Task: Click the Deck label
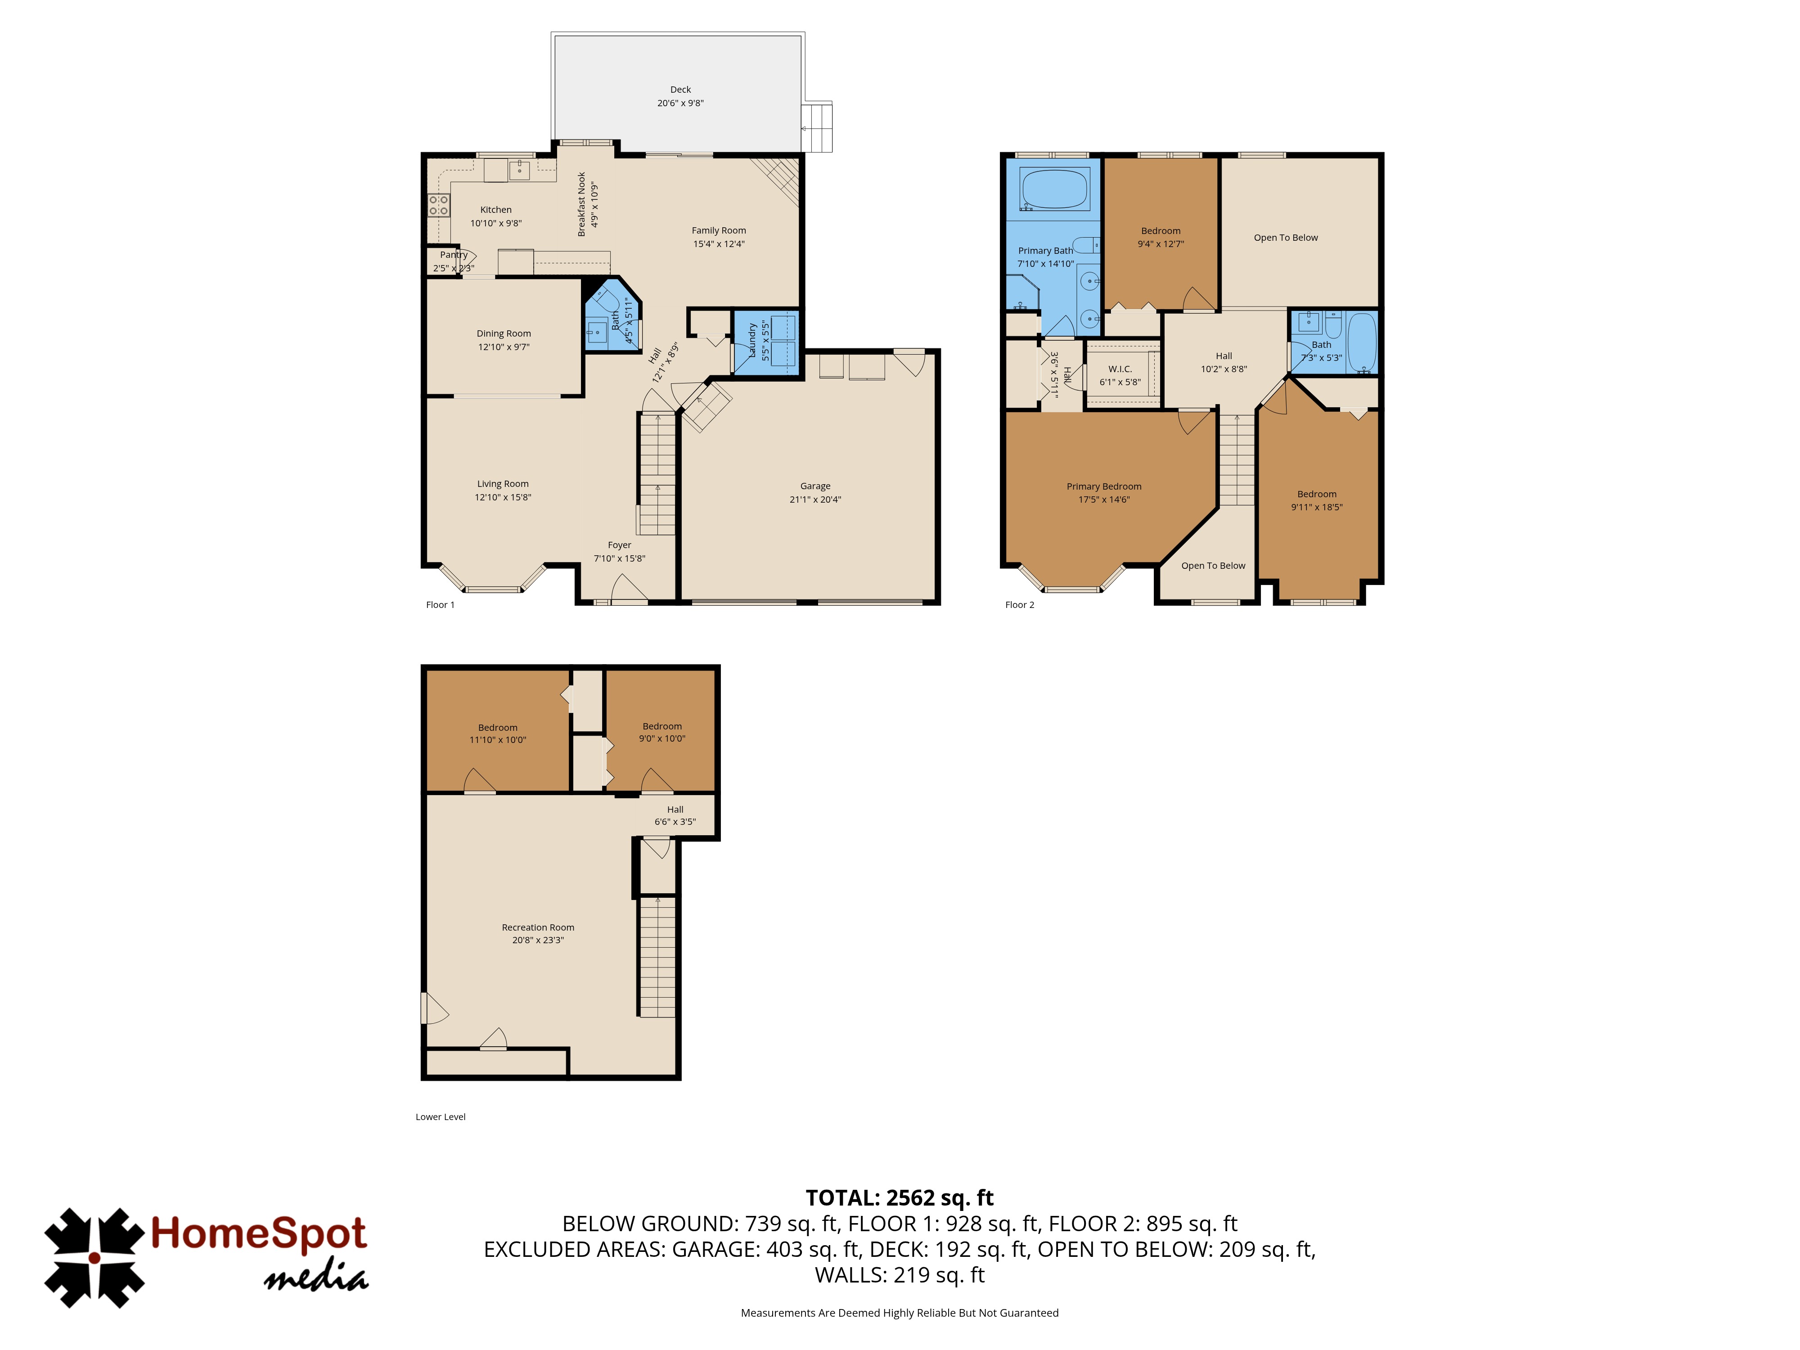pos(680,90)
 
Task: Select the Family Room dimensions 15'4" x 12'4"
pos(719,244)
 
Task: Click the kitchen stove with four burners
pos(439,205)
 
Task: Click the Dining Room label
pos(504,333)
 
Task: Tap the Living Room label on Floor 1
pos(503,483)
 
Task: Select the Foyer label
pos(619,545)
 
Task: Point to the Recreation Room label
pos(538,927)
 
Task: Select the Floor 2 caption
pos(1020,605)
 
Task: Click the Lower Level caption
pos(440,1116)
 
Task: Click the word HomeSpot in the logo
pos(259,1233)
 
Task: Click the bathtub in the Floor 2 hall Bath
pos(1361,342)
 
